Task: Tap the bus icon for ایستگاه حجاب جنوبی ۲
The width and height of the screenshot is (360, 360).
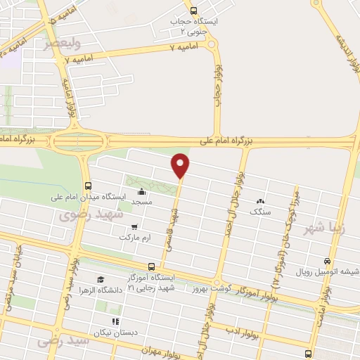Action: click(x=194, y=10)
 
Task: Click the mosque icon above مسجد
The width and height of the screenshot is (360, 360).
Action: click(x=142, y=192)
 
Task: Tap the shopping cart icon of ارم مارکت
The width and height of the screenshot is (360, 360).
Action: click(x=134, y=226)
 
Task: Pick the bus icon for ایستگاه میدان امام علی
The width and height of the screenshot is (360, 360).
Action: click(x=87, y=186)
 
